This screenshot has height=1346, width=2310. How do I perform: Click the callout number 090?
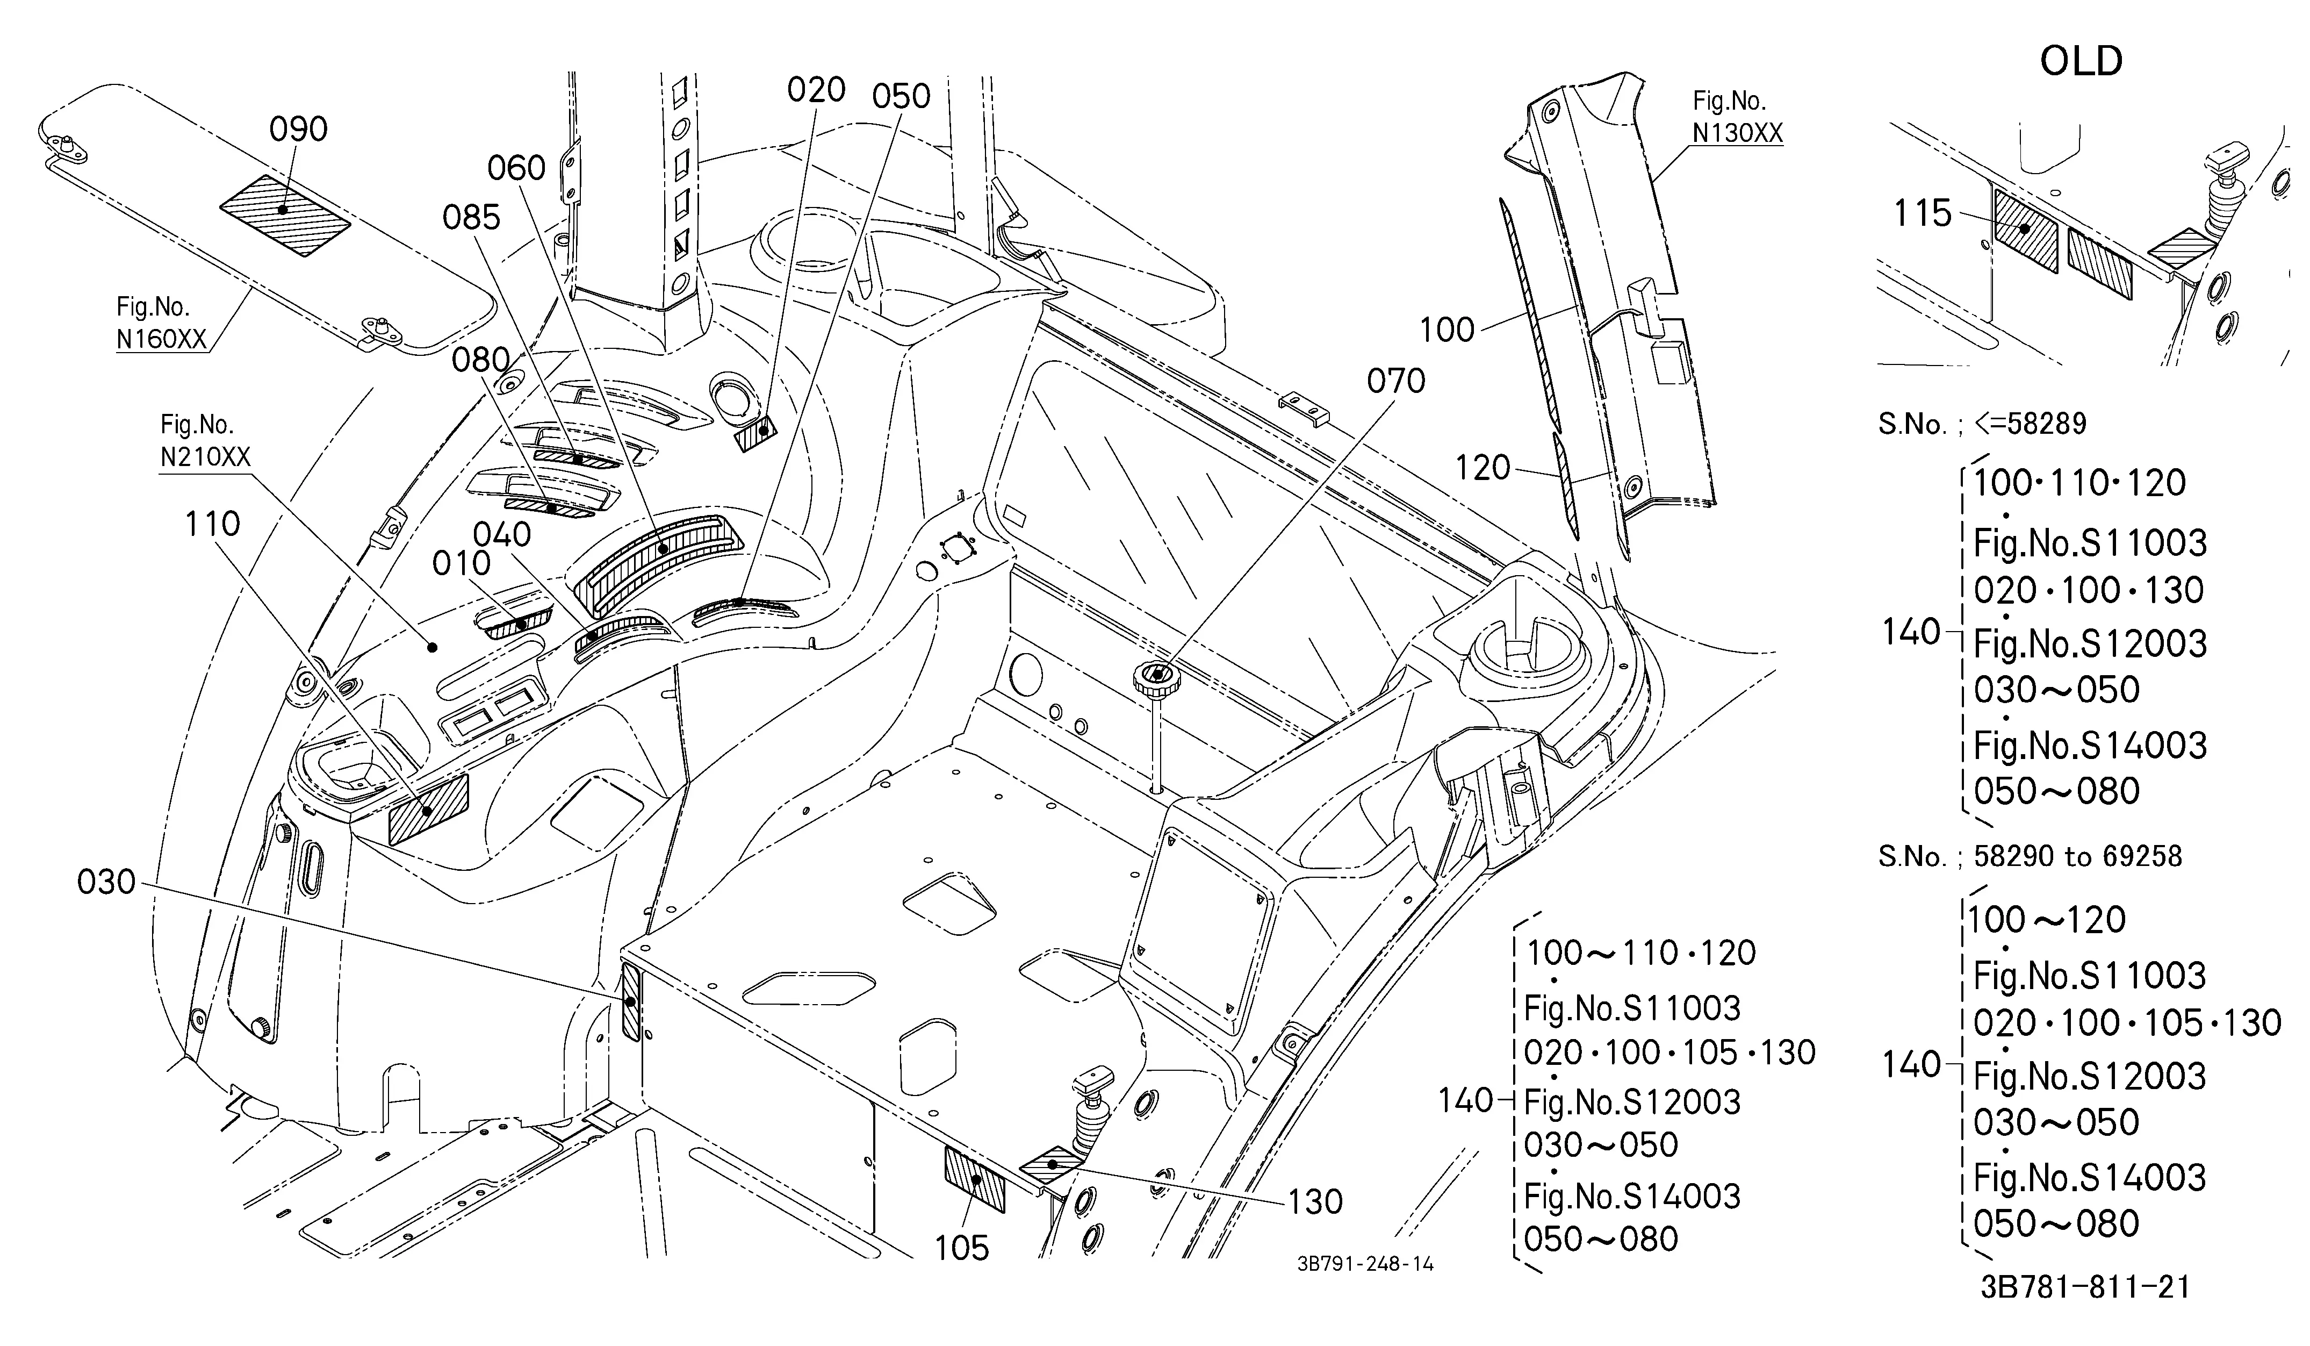[298, 130]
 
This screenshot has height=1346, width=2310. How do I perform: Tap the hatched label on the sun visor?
[285, 216]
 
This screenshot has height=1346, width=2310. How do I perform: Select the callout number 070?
[1396, 381]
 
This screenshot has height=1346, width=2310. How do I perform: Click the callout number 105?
[962, 1248]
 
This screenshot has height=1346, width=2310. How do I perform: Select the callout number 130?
[1315, 1202]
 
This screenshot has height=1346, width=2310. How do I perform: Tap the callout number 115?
[1923, 213]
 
